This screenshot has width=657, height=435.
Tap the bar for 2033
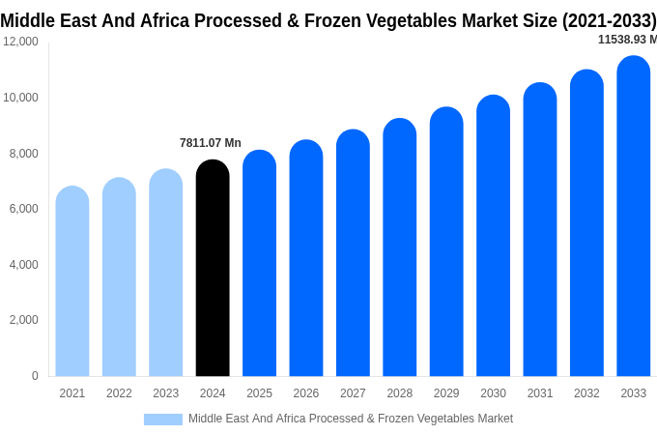click(x=634, y=217)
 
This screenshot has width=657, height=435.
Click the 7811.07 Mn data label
click(x=211, y=143)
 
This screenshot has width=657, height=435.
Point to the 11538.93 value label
click(x=627, y=40)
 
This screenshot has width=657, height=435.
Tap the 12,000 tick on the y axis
click(x=20, y=42)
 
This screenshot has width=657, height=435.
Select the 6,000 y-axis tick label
click(x=23, y=209)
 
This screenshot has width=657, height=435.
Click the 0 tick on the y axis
click(x=35, y=376)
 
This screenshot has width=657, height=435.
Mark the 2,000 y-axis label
click(x=23, y=320)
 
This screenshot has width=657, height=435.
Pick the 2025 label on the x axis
click(x=259, y=393)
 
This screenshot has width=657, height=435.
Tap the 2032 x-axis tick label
click(x=586, y=393)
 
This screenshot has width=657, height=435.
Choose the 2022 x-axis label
click(x=119, y=393)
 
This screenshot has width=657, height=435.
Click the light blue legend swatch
click(x=163, y=420)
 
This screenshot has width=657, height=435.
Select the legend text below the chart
click(x=351, y=419)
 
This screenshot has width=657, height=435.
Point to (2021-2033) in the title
click(x=609, y=20)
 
